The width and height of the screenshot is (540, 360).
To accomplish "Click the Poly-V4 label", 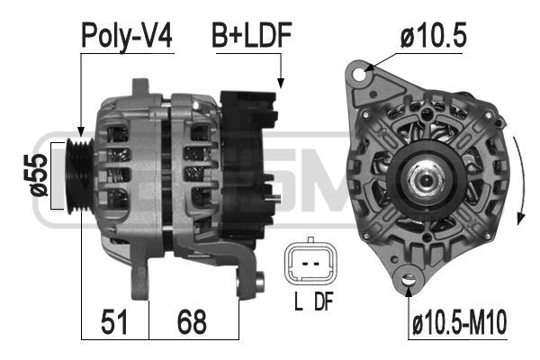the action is click(x=126, y=36).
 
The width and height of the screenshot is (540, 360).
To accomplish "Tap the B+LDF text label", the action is click(x=252, y=35).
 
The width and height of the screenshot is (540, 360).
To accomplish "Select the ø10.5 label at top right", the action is click(x=433, y=35).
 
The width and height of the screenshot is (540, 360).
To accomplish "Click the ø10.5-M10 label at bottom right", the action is click(x=460, y=322).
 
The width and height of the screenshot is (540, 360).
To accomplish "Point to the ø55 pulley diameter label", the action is click(x=39, y=175).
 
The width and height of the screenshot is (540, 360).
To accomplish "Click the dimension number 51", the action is click(x=114, y=322).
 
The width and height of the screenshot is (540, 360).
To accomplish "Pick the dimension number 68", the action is click(x=192, y=322).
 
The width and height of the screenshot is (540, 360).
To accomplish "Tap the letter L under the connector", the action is click(x=298, y=301).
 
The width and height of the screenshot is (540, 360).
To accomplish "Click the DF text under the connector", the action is click(x=324, y=301).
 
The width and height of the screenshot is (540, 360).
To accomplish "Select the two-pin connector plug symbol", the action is click(x=310, y=263).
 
